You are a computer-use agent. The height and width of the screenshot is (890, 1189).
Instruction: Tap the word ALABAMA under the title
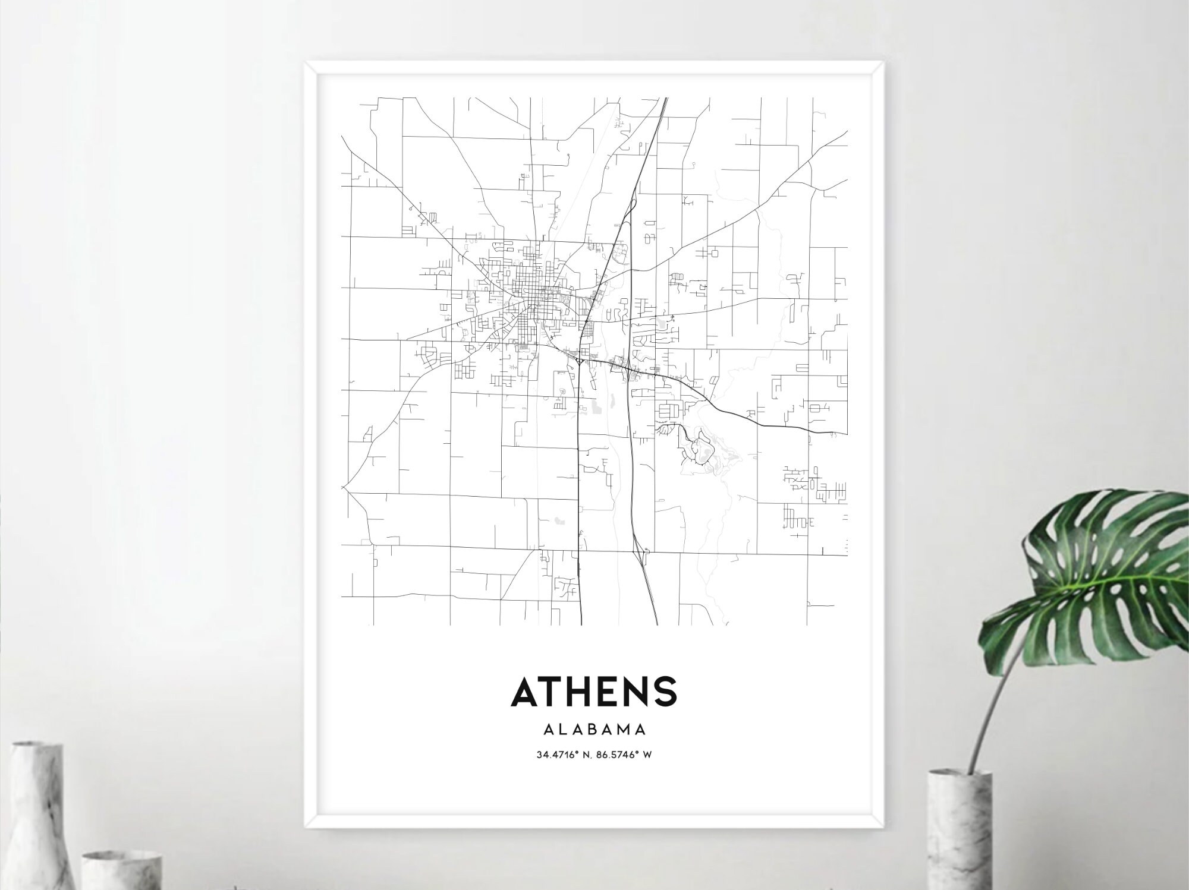point(594,729)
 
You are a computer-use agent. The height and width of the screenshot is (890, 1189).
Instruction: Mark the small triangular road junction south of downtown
point(580,361)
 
